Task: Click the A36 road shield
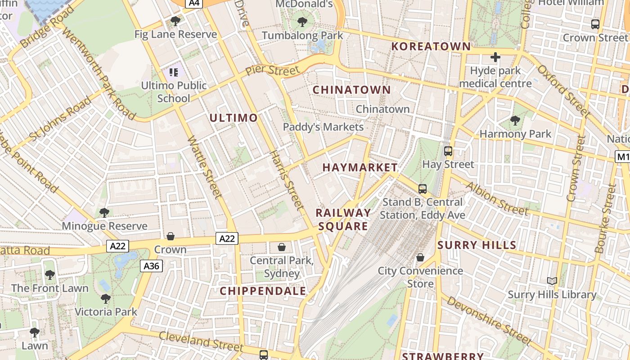[x=151, y=266]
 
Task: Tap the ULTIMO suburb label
[x=234, y=118]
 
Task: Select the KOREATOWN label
[x=431, y=46]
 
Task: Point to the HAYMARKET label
[x=360, y=167]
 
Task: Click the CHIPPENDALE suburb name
[x=263, y=291]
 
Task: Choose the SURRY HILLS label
[x=477, y=245]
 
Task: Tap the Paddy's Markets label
[x=323, y=127]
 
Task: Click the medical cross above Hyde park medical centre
[x=495, y=58]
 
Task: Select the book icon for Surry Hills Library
[x=552, y=281]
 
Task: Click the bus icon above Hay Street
[x=448, y=151]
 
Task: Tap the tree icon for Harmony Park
[x=515, y=121]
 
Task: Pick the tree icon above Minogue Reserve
[x=104, y=212]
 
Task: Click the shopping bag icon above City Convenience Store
[x=420, y=257]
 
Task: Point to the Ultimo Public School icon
[x=174, y=72]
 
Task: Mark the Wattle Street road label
[x=205, y=167]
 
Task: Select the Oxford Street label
[x=563, y=90]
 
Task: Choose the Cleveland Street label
[x=201, y=341]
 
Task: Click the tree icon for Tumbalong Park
[x=302, y=22]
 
